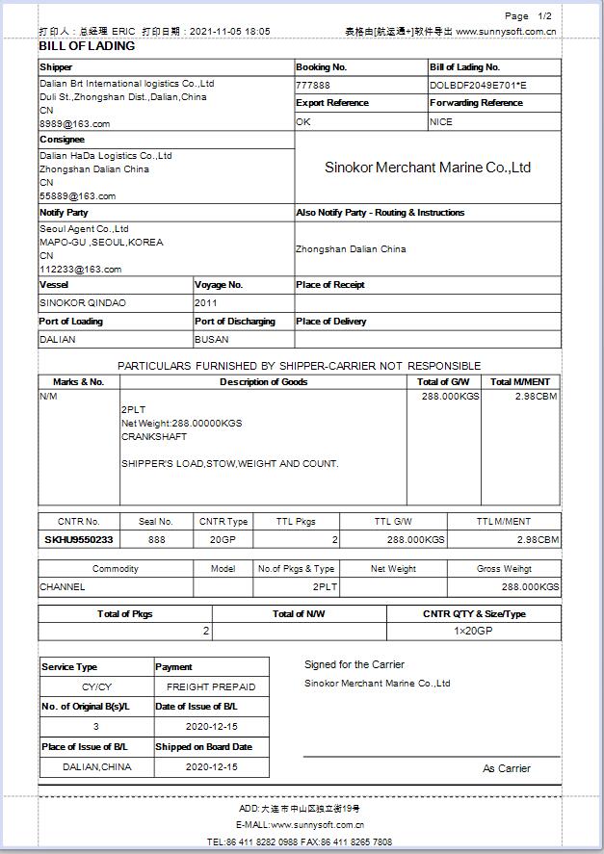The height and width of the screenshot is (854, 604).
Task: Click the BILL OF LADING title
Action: (87, 46)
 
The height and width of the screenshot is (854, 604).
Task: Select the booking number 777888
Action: (313, 85)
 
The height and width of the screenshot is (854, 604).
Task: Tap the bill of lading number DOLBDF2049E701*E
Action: (478, 85)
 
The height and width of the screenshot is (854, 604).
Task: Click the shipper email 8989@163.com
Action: (74, 124)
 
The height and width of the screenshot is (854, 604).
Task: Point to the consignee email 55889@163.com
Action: (77, 196)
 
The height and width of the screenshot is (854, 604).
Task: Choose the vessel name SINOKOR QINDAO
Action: (82, 303)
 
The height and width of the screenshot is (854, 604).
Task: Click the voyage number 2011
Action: (207, 303)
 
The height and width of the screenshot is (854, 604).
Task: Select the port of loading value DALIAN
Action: (58, 340)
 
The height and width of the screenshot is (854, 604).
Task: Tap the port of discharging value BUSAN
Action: (211, 340)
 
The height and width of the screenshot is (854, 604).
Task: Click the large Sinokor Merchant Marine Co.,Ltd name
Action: (428, 168)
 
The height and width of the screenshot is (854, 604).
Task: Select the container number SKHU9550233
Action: (79, 540)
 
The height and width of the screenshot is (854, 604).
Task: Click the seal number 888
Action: (156, 540)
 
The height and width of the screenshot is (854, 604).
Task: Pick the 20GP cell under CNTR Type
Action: (223, 540)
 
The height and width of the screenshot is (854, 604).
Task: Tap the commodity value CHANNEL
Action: (63, 586)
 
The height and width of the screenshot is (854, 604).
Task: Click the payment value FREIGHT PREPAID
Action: (211, 687)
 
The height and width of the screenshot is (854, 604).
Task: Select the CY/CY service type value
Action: (96, 687)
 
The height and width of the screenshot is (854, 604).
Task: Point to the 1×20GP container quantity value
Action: (473, 632)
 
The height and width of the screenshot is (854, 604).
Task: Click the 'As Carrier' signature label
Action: (507, 768)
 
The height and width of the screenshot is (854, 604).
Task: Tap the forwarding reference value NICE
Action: (441, 122)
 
